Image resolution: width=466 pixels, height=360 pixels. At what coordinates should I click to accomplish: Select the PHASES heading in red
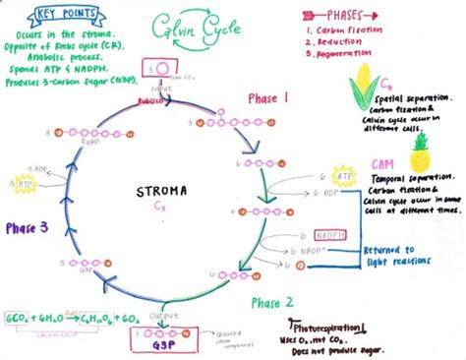(x=356, y=16)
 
